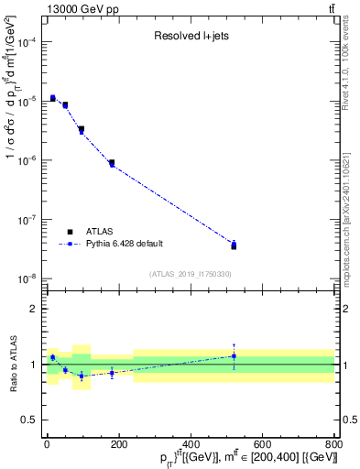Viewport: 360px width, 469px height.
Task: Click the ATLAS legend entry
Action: (100, 232)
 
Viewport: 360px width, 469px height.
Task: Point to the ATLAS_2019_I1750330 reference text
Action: (190, 274)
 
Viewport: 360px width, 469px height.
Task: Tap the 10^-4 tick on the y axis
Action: (27, 42)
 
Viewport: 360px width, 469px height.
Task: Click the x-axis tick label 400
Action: (191, 444)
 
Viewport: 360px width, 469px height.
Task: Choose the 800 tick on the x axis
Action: (333, 444)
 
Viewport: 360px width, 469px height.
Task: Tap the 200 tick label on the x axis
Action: (119, 444)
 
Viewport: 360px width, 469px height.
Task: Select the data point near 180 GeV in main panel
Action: (111, 163)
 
